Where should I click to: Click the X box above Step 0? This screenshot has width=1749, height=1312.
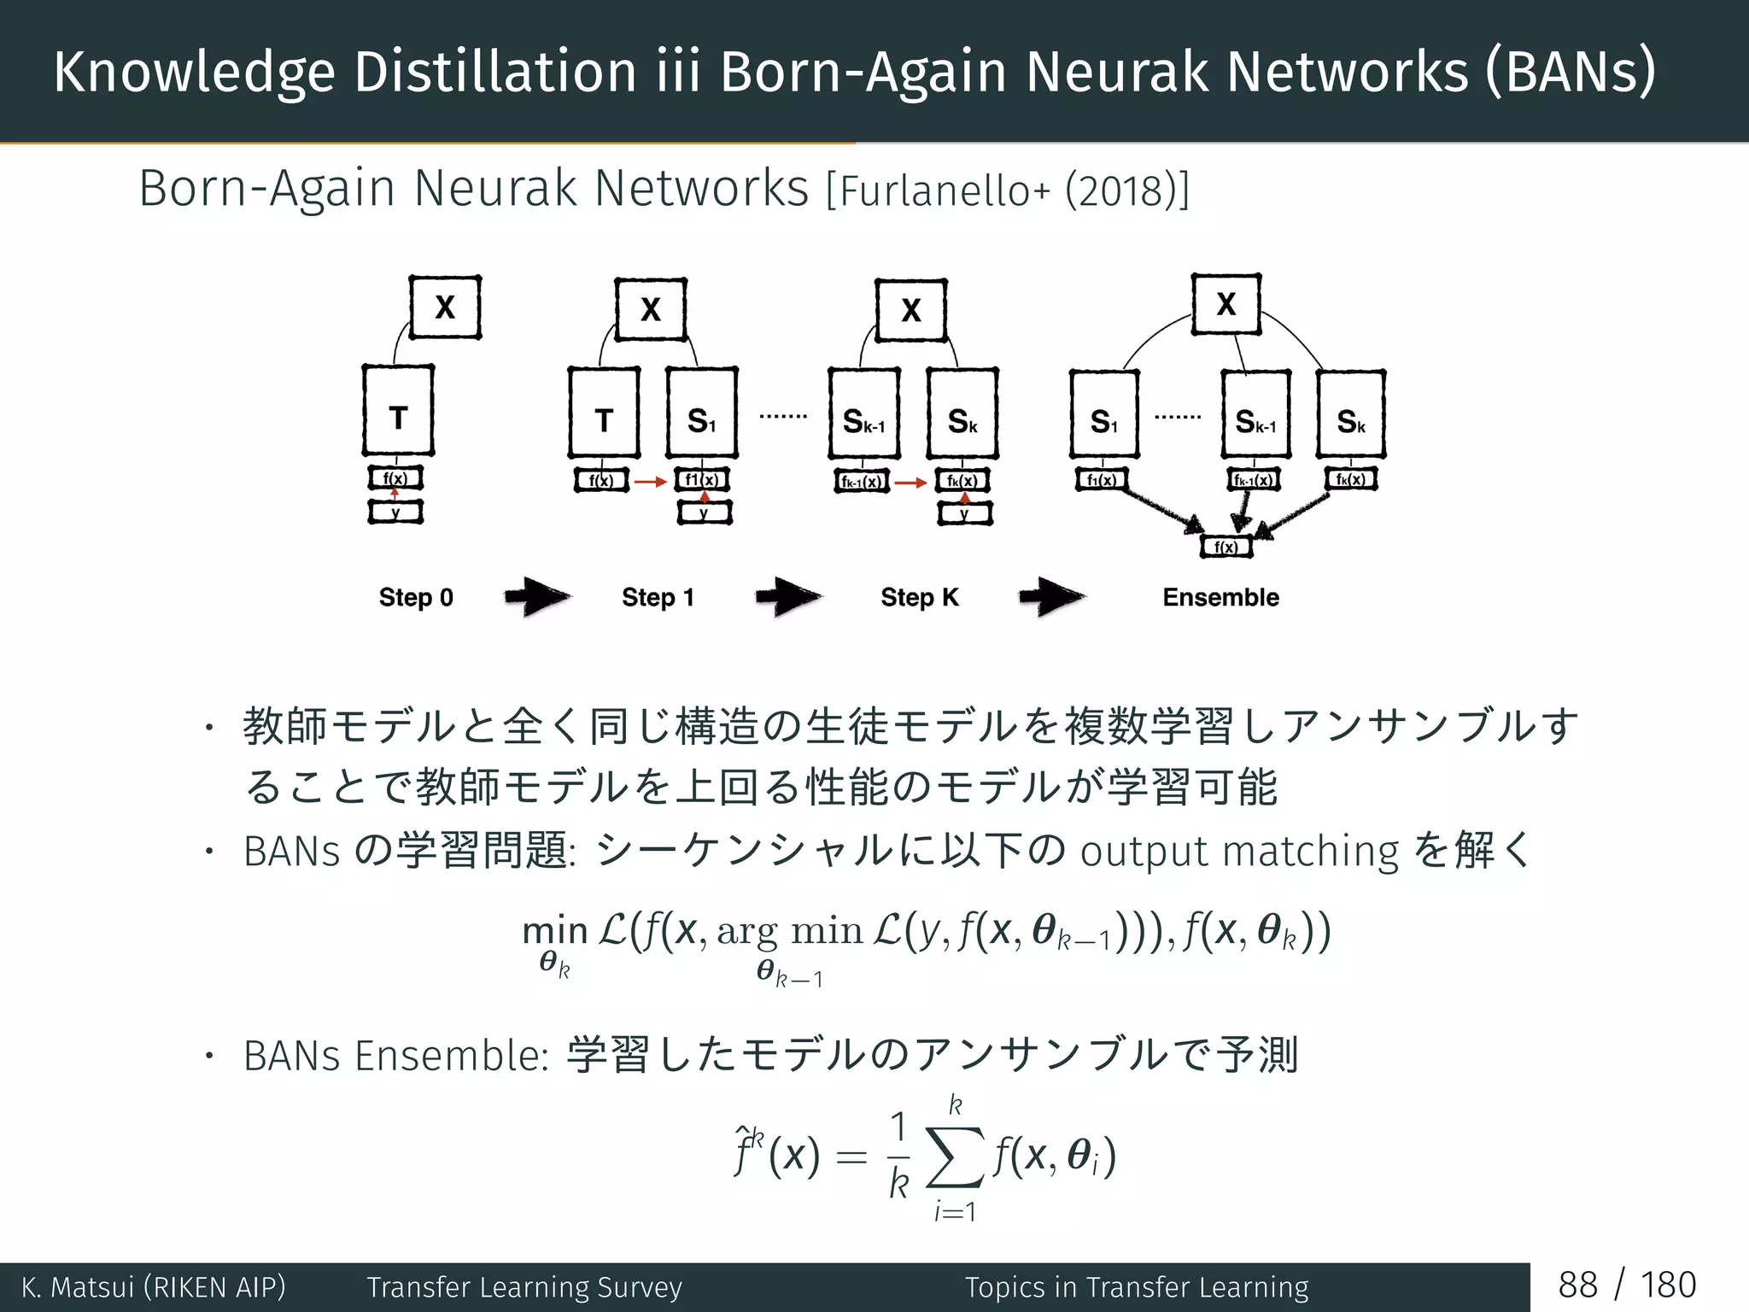445,307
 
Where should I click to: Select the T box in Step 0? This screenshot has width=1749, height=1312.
398,411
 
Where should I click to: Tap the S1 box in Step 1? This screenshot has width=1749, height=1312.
701,413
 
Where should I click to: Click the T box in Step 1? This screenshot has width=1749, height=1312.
604,413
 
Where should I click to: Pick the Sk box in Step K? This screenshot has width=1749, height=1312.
962,414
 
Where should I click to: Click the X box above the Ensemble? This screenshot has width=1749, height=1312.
1226,304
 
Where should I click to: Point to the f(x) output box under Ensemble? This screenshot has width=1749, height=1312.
1225,547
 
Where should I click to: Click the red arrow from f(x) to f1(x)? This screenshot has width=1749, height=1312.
651,482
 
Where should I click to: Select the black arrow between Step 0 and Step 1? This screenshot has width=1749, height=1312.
537,596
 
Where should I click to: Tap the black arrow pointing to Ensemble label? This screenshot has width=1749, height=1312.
1052,596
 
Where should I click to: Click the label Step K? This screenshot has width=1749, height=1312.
920,597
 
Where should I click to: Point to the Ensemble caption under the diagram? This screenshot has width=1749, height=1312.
1220,597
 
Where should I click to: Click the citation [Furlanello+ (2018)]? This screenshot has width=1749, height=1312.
1008,190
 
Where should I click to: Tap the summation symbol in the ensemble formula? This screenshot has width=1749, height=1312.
956,1158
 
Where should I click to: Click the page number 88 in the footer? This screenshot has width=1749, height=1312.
1577,1286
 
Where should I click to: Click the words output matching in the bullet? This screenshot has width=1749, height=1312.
1239,852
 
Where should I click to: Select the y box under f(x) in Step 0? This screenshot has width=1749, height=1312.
395,512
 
